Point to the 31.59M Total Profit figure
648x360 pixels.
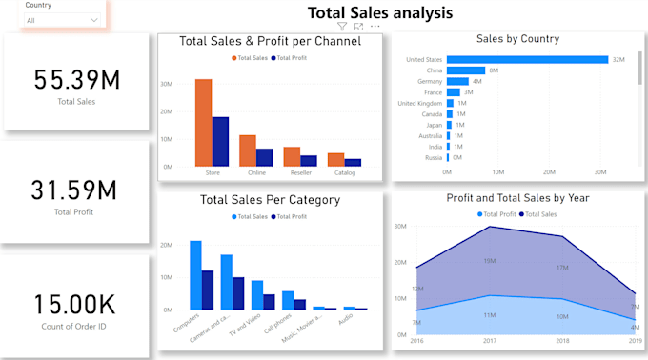click(x=73, y=190)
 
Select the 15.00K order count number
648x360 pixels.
click(x=73, y=304)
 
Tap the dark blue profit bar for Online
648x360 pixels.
click(x=265, y=157)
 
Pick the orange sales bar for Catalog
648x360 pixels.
click(x=335, y=159)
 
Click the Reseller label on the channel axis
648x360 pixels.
click(x=300, y=173)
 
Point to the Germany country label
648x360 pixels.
click(x=425, y=82)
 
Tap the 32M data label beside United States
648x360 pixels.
click(x=618, y=59)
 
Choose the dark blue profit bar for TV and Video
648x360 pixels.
click(x=269, y=301)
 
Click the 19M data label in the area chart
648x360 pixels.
click(x=489, y=261)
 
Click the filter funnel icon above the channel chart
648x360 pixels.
click(x=343, y=26)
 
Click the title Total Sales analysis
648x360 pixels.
click(x=379, y=12)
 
